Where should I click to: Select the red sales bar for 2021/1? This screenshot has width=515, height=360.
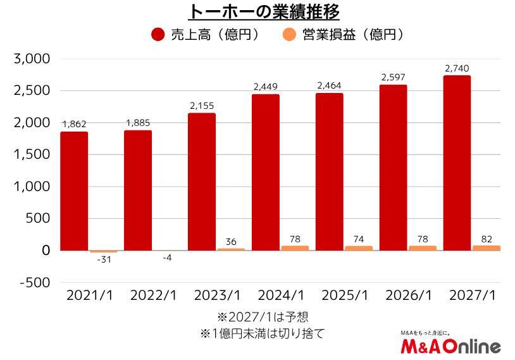tap(74, 191)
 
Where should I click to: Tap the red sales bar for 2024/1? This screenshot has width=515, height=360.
tap(265, 172)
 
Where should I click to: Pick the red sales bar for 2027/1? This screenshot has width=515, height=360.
tap(457, 163)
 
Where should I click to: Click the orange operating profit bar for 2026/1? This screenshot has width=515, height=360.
tap(422, 248)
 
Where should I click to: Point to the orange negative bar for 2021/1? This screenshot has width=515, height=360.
tap(103, 251)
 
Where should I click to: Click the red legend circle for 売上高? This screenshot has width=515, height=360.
tap(158, 35)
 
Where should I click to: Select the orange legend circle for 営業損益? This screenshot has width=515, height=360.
tap(289, 35)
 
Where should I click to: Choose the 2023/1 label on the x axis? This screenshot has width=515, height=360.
tap(217, 295)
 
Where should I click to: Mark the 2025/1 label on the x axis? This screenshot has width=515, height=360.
tap(345, 295)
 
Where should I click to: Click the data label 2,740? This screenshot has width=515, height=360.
tap(457, 68)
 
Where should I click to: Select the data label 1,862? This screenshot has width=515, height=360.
tap(73, 124)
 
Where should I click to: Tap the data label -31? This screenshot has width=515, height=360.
tap(103, 260)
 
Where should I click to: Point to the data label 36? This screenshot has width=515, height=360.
tap(231, 241)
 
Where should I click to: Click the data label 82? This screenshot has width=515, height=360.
tap(486, 239)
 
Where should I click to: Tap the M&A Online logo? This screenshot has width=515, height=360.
tap(450, 345)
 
